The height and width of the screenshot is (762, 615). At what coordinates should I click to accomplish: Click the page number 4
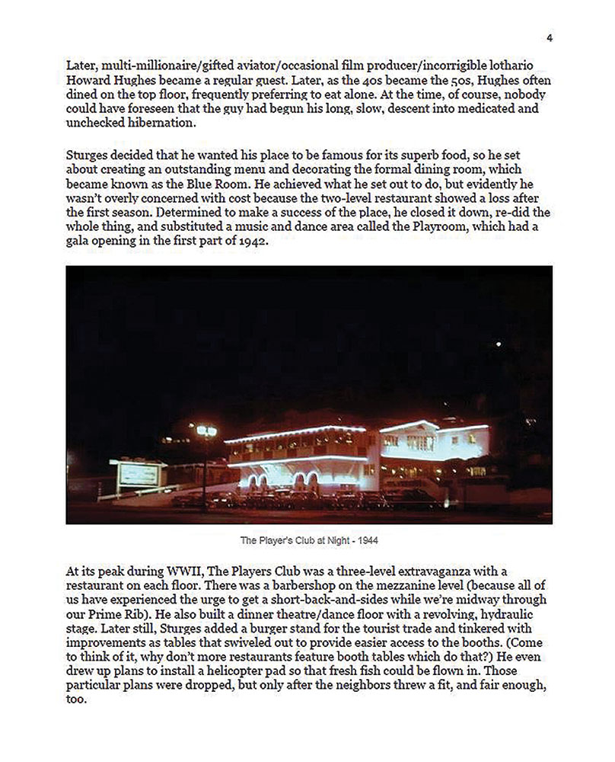550,39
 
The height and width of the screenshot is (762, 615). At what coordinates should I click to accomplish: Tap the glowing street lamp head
206,431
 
